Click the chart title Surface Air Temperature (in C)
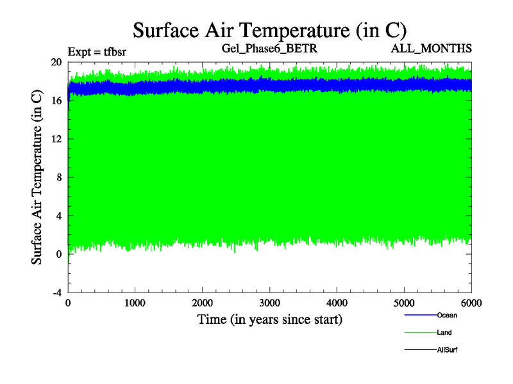pos(269,30)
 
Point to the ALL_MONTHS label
pos(440,48)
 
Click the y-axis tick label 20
pos(56,62)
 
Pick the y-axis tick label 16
pos(56,100)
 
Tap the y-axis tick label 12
pos(56,139)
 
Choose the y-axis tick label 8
pos(58,177)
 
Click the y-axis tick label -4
pos(56,292)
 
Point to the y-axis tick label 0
pos(58,254)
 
